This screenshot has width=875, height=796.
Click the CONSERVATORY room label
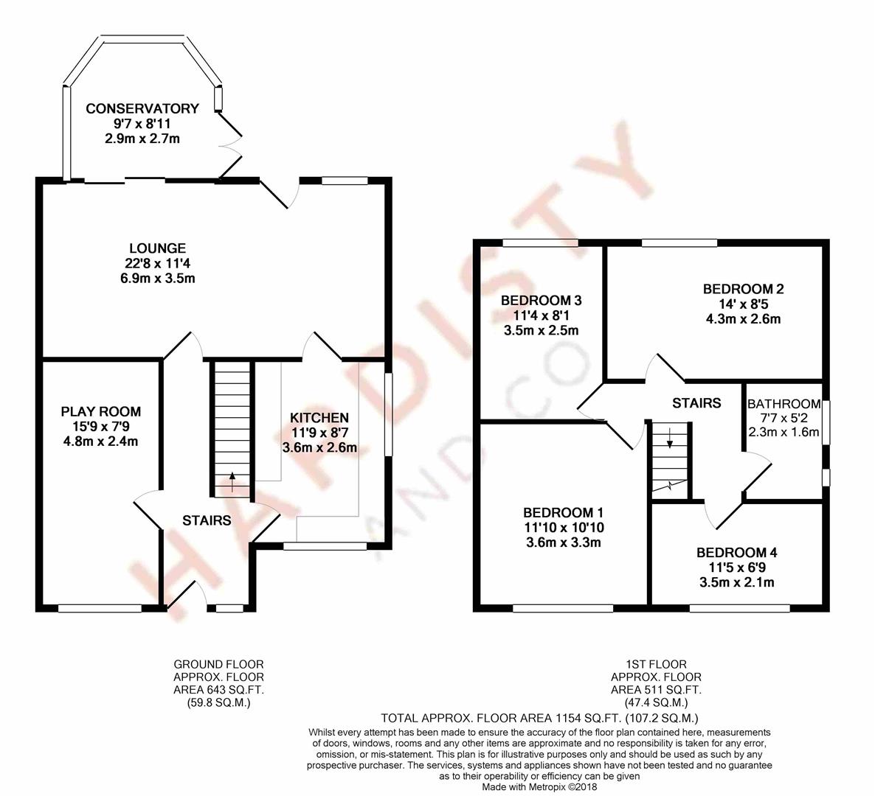(x=142, y=108)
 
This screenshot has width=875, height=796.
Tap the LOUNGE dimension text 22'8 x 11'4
(x=158, y=263)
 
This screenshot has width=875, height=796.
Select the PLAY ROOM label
(x=101, y=411)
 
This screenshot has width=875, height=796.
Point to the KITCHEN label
(x=319, y=417)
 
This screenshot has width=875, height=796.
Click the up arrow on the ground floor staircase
(x=232, y=481)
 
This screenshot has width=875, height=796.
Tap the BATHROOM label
(x=784, y=404)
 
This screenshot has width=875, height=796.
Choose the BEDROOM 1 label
(x=564, y=512)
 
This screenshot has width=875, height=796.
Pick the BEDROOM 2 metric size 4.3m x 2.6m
(x=743, y=319)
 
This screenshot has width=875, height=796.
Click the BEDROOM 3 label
(x=542, y=301)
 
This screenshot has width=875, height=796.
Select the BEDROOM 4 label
(x=736, y=552)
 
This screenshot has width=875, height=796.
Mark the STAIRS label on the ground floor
(x=207, y=520)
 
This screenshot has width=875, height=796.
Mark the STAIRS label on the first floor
(x=696, y=402)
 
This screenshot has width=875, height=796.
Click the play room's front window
(x=100, y=609)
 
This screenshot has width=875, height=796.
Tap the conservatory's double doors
(x=230, y=145)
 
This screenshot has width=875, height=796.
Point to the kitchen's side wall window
(x=388, y=415)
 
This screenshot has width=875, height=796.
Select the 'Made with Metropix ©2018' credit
(x=539, y=787)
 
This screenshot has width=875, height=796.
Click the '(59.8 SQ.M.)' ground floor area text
(x=218, y=703)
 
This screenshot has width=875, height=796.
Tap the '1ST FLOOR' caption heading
(x=657, y=664)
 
